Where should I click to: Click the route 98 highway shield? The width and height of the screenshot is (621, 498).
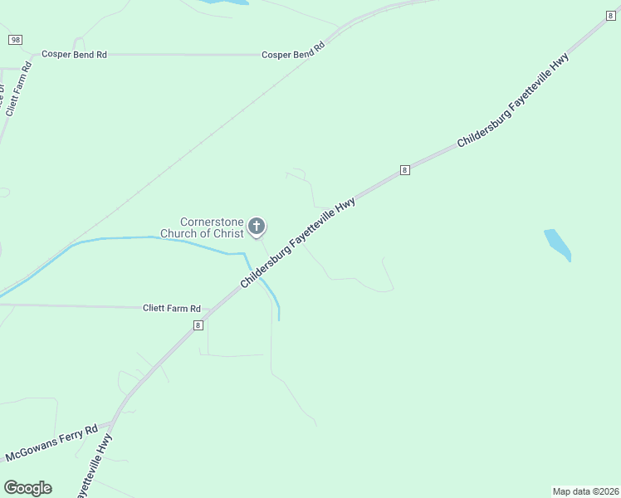[x=14, y=40]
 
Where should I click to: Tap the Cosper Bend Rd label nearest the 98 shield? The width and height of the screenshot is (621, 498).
[x=75, y=55]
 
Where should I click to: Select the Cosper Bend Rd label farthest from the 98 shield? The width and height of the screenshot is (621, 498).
[x=292, y=51]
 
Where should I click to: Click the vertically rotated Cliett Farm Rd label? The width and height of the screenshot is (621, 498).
[x=17, y=98]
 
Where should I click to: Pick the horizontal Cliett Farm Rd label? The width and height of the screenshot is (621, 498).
[x=173, y=309]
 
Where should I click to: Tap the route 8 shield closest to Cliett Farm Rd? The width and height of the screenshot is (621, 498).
[x=198, y=326]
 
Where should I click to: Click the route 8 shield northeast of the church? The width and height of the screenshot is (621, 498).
[x=404, y=169]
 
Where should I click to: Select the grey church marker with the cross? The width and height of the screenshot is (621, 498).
[x=257, y=226]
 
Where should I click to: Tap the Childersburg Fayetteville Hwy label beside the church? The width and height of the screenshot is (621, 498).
[x=299, y=242]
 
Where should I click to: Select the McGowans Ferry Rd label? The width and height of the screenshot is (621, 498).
[x=51, y=445]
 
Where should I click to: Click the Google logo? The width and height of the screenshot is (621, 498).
[x=27, y=488]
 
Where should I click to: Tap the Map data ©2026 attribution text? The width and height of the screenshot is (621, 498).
[x=585, y=491]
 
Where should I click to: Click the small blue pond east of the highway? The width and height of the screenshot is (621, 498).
[x=558, y=244]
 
